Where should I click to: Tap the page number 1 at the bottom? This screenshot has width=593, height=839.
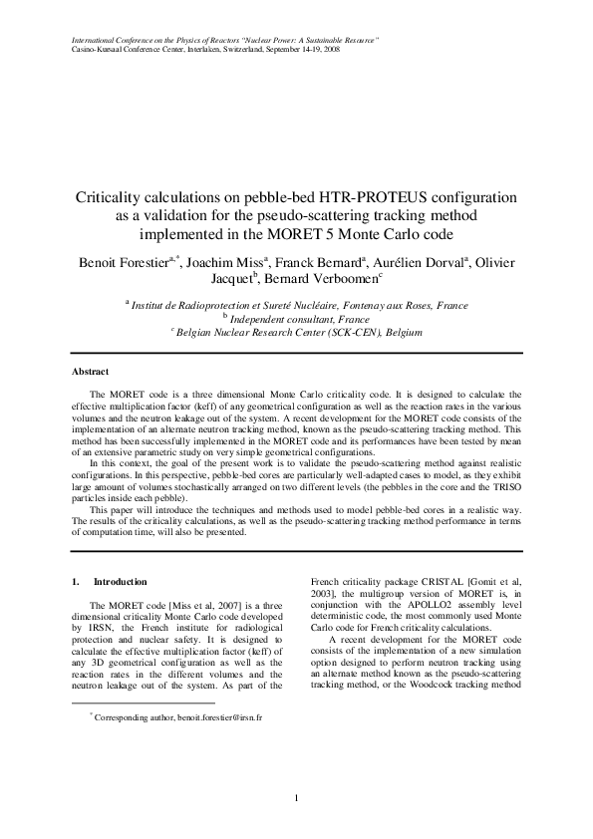(296, 797)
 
